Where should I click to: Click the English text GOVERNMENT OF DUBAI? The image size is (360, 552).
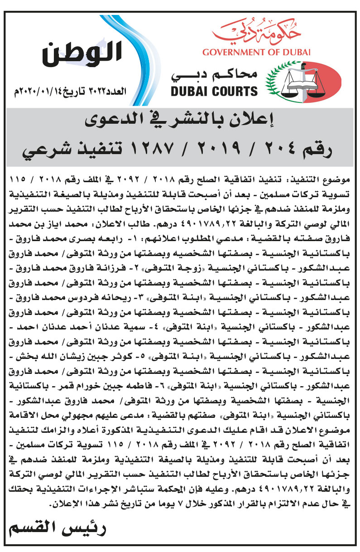click(x=256, y=52)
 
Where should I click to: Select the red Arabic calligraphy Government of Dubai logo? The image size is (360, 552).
click(x=256, y=32)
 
